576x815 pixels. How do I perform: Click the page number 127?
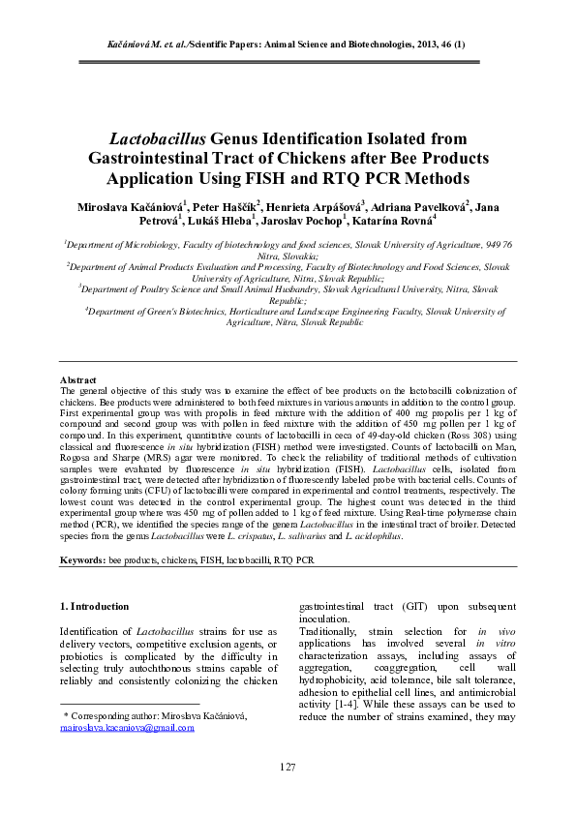288,767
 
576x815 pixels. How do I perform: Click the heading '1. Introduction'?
94,606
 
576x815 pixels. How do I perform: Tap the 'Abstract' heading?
77,380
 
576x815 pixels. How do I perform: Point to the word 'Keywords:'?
82,559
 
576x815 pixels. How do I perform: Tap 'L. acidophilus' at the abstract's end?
372,534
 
